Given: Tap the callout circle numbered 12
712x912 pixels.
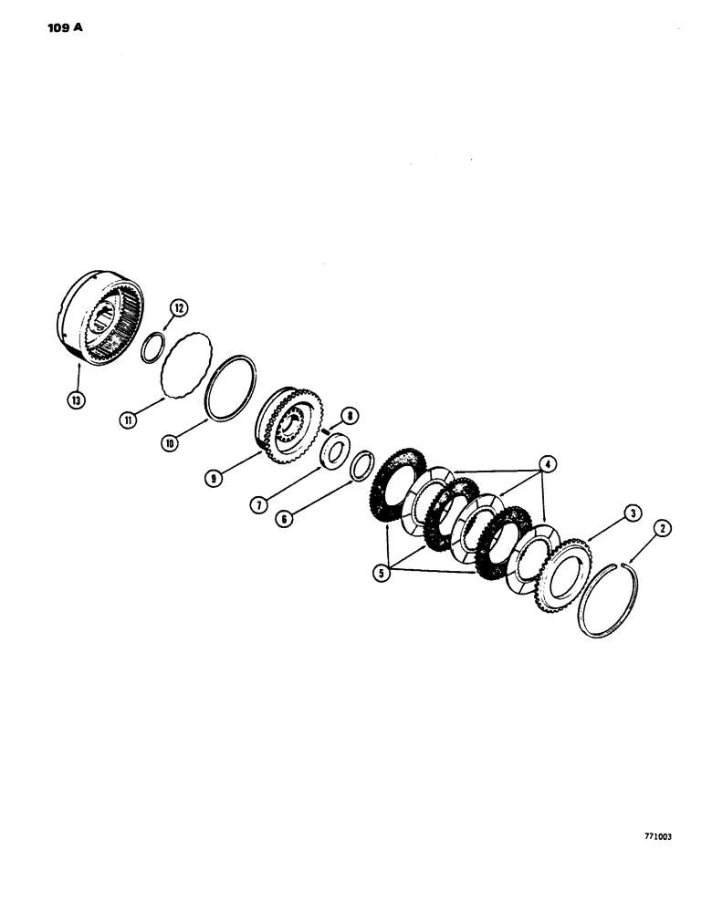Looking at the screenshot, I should point(179,309).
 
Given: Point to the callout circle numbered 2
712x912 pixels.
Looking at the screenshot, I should point(662,526).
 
